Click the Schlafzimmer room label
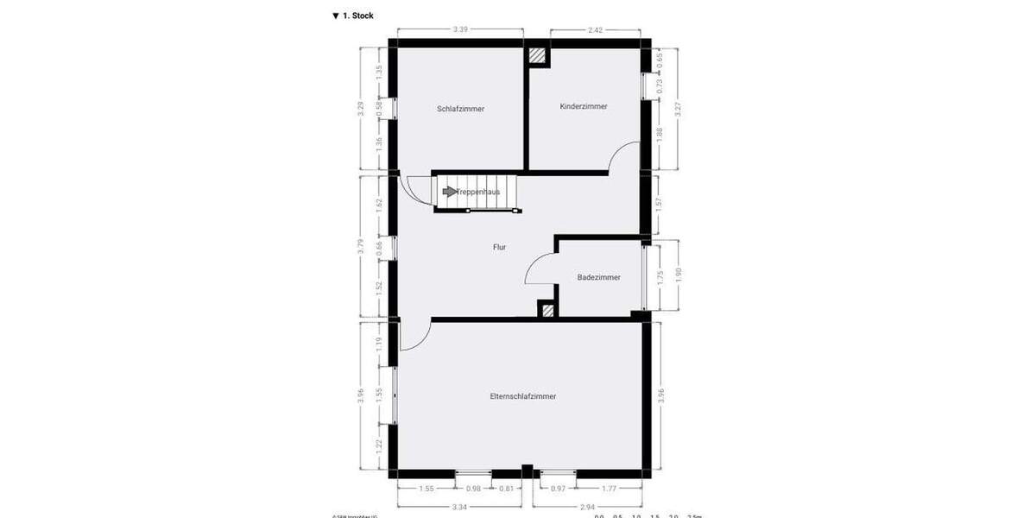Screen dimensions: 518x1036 (x=460, y=109)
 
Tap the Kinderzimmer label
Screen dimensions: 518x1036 (x=584, y=106)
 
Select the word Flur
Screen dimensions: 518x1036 (x=499, y=247)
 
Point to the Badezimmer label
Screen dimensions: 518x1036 (x=599, y=277)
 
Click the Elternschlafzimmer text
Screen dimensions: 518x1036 (x=522, y=396)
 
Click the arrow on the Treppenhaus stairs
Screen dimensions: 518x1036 (x=449, y=192)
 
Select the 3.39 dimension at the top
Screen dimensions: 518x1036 (x=460, y=29)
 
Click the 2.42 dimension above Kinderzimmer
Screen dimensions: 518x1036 (x=595, y=29)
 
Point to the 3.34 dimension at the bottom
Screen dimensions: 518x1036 (x=460, y=507)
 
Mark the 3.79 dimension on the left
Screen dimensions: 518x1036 (x=362, y=246)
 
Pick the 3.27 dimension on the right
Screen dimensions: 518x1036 (x=678, y=109)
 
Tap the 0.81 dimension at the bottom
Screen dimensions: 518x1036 (x=507, y=490)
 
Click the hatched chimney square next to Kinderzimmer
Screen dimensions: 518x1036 (x=538, y=56)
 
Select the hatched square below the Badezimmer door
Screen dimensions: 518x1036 (x=546, y=309)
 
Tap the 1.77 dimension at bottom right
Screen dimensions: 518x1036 (x=610, y=490)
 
